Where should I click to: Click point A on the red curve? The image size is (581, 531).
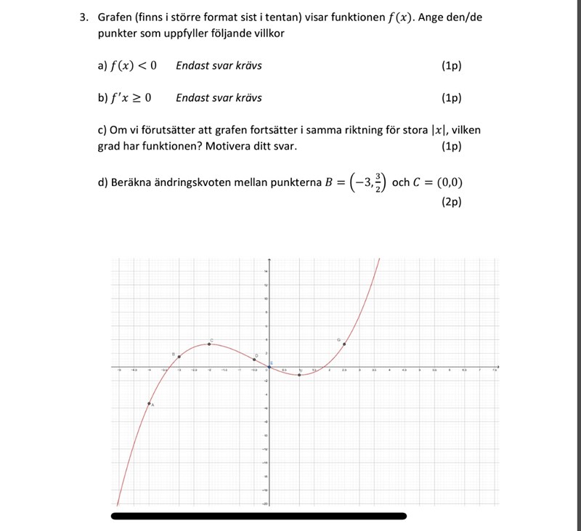(x=149, y=403)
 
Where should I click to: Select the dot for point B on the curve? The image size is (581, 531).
(x=179, y=357)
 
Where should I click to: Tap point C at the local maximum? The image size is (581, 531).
(x=209, y=344)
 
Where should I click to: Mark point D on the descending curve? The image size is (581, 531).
(x=254, y=360)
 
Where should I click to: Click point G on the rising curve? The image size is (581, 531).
(x=344, y=344)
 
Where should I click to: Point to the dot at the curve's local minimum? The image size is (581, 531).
(x=299, y=374)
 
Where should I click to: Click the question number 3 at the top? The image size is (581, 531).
(x=84, y=17)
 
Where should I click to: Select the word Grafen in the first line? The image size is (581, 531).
(x=115, y=17)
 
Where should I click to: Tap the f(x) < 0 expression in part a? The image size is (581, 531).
(x=133, y=66)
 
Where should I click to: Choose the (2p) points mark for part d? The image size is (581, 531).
(x=451, y=203)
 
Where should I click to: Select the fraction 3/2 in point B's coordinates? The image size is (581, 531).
(x=378, y=182)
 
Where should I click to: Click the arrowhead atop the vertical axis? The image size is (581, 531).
(x=269, y=260)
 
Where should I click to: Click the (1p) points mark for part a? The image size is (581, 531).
(x=451, y=66)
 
